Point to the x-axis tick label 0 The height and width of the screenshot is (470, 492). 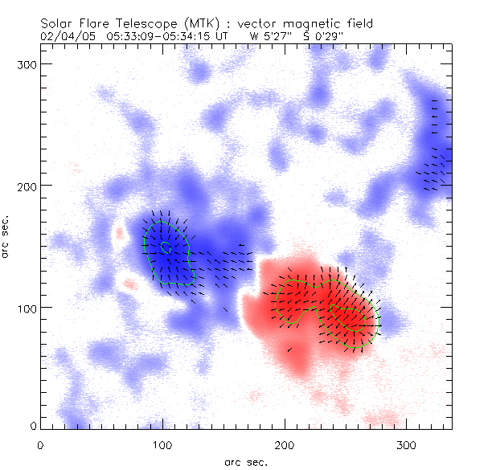40,444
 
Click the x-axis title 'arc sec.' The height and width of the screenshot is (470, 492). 245,461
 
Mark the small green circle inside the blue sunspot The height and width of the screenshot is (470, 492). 166,247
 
